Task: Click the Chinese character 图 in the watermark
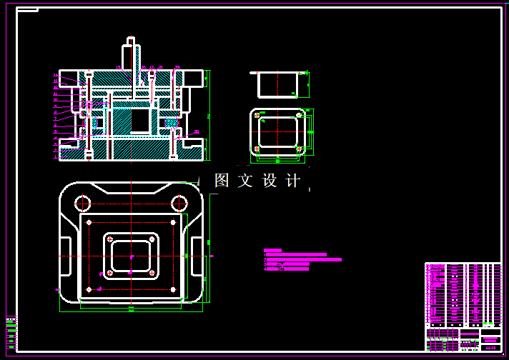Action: tap(222, 181)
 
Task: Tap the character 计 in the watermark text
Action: tap(293, 181)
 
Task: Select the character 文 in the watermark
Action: tap(245, 181)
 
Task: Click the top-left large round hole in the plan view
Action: tap(82, 203)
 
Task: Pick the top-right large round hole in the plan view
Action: tap(179, 204)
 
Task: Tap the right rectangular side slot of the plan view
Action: tap(197, 255)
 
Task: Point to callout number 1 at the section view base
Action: tap(56, 152)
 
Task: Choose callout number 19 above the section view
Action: tap(177, 67)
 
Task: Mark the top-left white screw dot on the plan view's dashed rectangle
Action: tap(89, 223)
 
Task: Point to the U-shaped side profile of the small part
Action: tap(277, 83)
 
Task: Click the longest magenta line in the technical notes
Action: tap(303, 260)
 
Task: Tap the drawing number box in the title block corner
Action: tap(490, 348)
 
